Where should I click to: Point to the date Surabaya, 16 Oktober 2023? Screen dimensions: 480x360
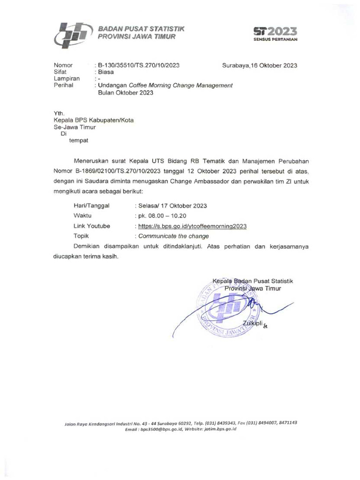tap(259, 65)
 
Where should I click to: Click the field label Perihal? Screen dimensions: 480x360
tap(64, 85)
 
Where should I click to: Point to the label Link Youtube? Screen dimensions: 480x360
tap(91, 226)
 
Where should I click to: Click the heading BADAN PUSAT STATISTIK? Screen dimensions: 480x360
tap(141, 29)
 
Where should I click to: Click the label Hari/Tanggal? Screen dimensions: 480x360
tap(92, 206)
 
